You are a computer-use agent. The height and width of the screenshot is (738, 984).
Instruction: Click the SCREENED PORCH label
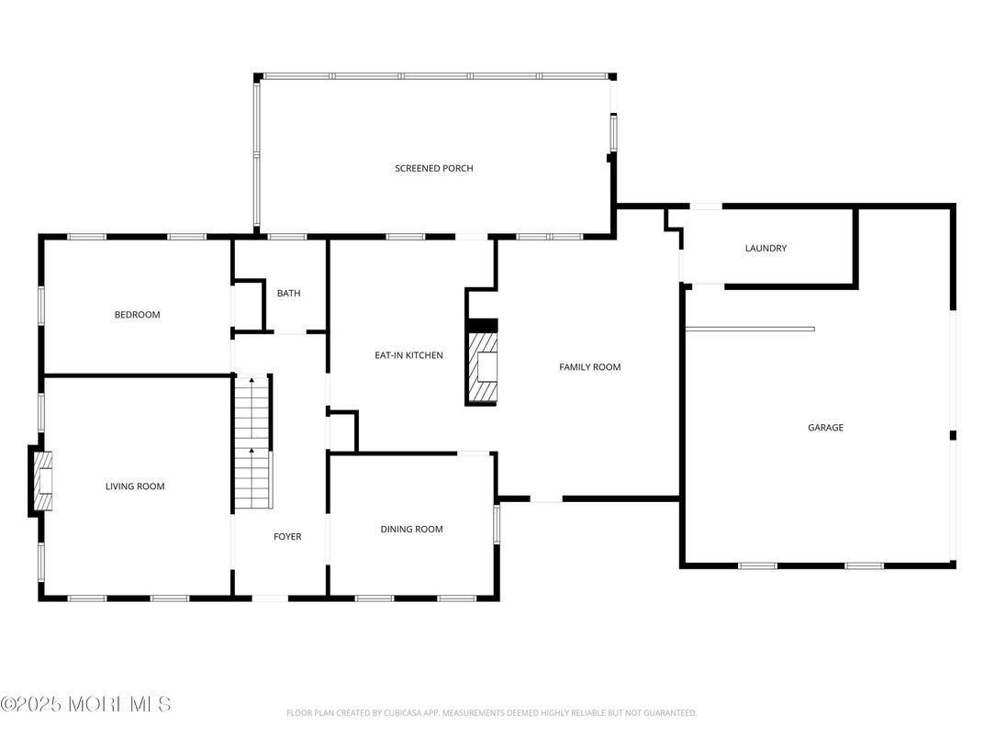point(433,168)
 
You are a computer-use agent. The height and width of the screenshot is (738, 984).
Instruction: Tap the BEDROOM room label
point(137,315)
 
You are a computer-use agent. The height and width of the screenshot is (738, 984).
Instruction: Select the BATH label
point(288,294)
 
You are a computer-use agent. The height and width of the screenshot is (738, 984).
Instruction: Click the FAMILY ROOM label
point(589,367)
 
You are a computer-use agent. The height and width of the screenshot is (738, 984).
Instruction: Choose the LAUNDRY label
point(765,249)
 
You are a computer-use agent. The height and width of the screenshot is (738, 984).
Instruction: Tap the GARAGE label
point(824,428)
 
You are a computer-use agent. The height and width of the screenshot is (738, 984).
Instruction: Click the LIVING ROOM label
point(135,486)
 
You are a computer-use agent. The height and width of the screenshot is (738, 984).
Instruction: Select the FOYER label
point(287,537)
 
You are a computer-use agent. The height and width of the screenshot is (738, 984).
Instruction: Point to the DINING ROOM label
point(411,529)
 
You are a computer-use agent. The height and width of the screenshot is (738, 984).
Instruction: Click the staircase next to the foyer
point(252,442)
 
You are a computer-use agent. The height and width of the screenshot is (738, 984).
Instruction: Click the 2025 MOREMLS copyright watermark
point(85,705)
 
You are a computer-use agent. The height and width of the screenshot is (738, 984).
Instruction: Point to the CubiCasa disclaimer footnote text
point(491,713)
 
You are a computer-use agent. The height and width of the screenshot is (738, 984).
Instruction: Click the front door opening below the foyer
point(270,598)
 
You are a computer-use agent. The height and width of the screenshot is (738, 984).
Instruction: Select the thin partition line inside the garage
point(749,329)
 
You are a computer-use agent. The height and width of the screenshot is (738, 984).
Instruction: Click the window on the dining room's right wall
point(497,522)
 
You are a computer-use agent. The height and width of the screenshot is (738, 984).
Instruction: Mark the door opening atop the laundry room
point(706,207)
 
